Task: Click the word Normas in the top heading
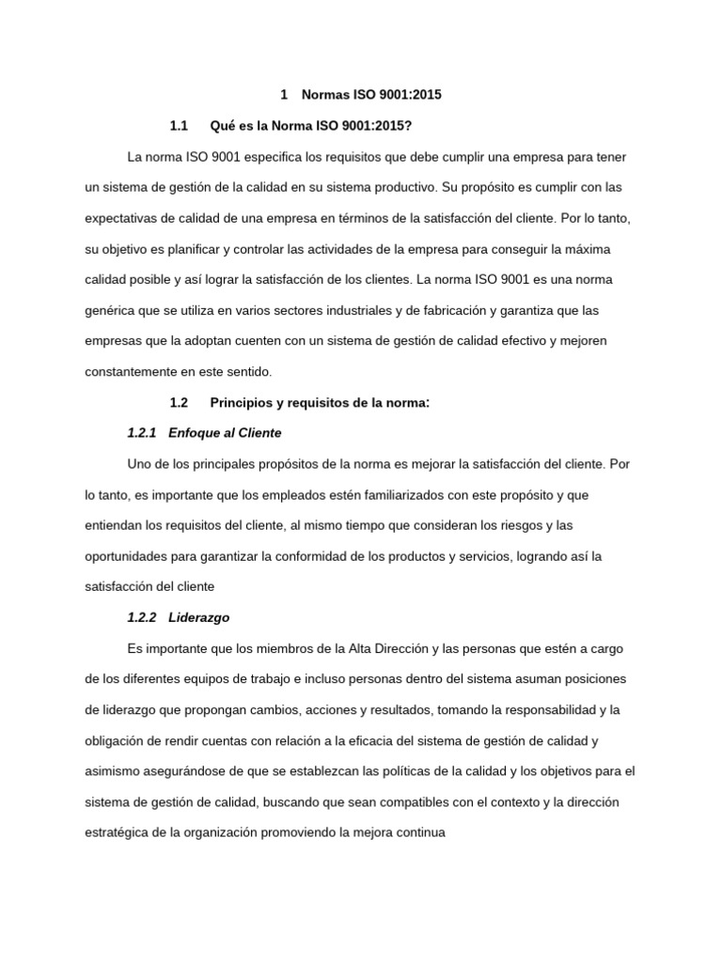tap(322, 95)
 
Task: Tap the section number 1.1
tap(180, 126)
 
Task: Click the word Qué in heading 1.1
tap(223, 126)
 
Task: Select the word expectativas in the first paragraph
tap(123, 218)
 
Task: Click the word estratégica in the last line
tap(118, 833)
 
